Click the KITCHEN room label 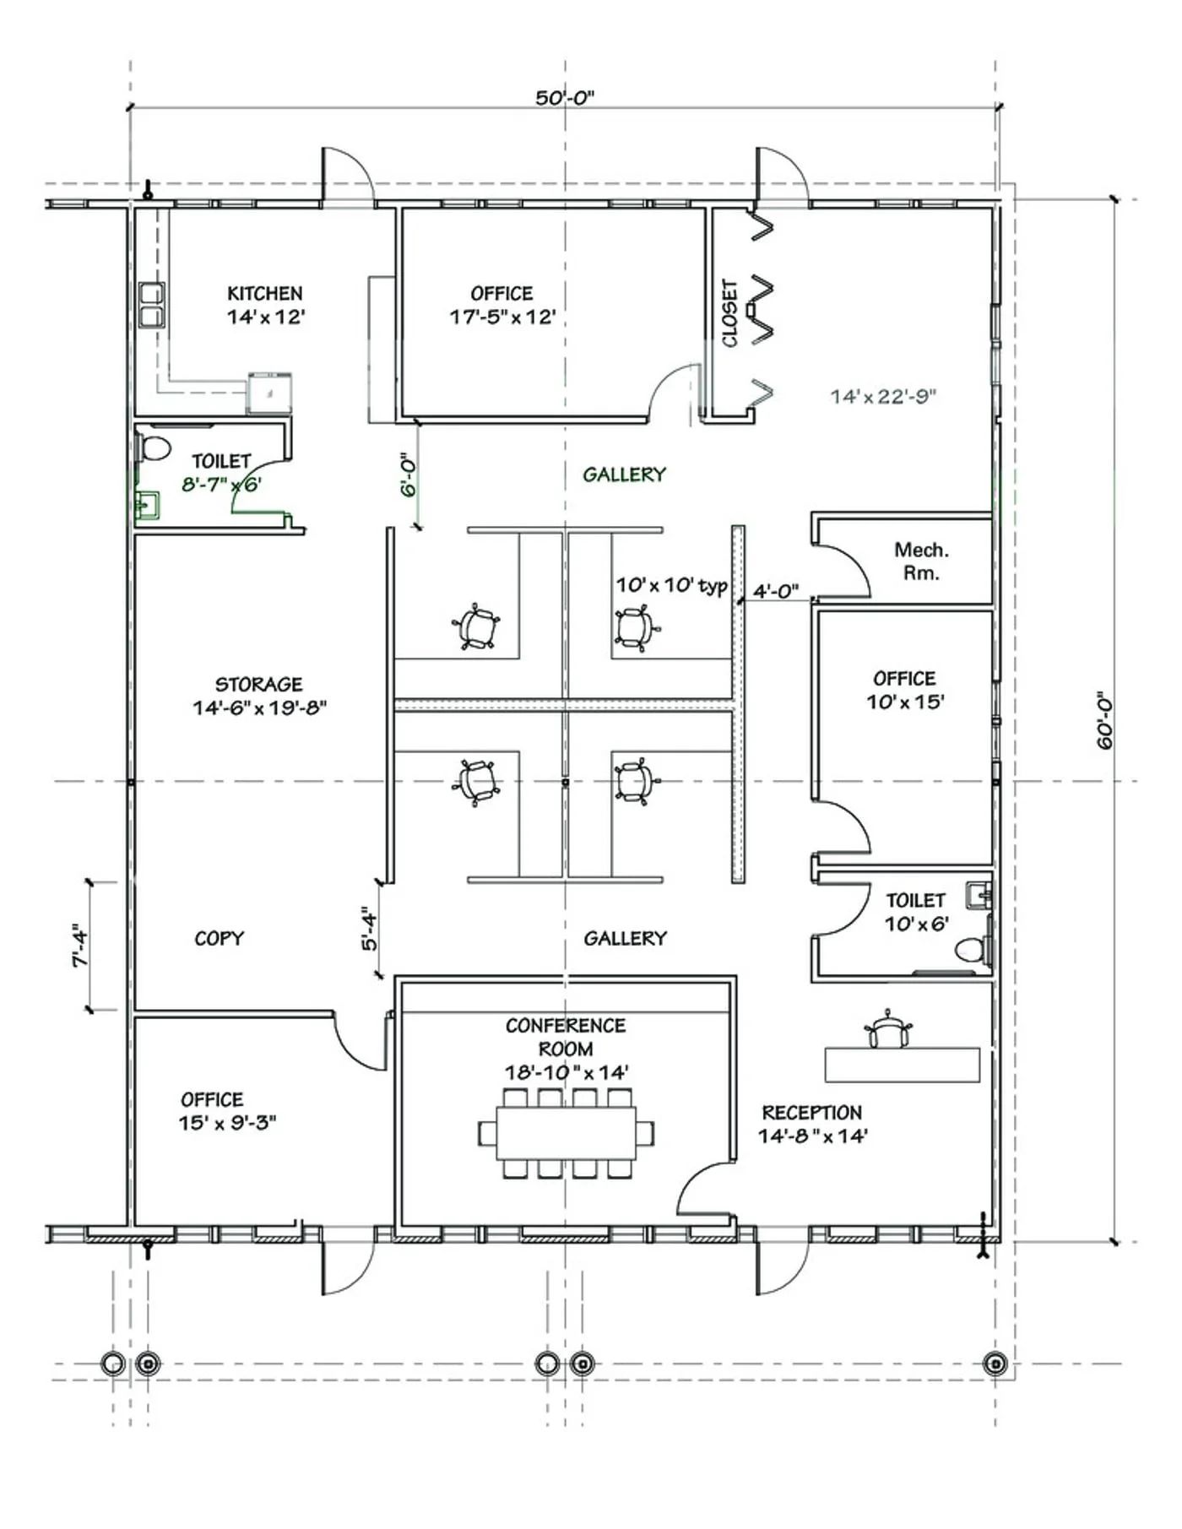point(264,294)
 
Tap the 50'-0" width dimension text point(564,98)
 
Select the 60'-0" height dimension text point(1105,723)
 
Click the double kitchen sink point(152,306)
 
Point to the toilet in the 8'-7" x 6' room point(155,447)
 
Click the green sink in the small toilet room point(147,506)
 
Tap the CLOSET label point(730,313)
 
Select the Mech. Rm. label point(921,561)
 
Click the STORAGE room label point(258,684)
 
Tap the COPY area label point(219,938)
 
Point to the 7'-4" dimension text point(80,946)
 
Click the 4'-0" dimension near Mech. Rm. point(775,591)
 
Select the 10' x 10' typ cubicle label point(671,585)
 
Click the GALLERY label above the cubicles point(624,474)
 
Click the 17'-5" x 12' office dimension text point(502,317)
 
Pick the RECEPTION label point(811,1112)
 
